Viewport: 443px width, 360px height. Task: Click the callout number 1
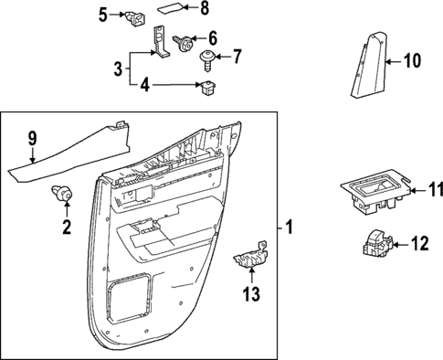[x=290, y=226]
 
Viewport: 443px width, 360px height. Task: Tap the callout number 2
[x=66, y=226]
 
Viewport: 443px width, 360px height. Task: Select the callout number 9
[x=32, y=139]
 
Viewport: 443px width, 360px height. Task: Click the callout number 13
[x=248, y=293]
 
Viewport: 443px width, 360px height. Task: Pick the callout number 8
[x=204, y=10]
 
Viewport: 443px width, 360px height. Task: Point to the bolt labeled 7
[x=206, y=58]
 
